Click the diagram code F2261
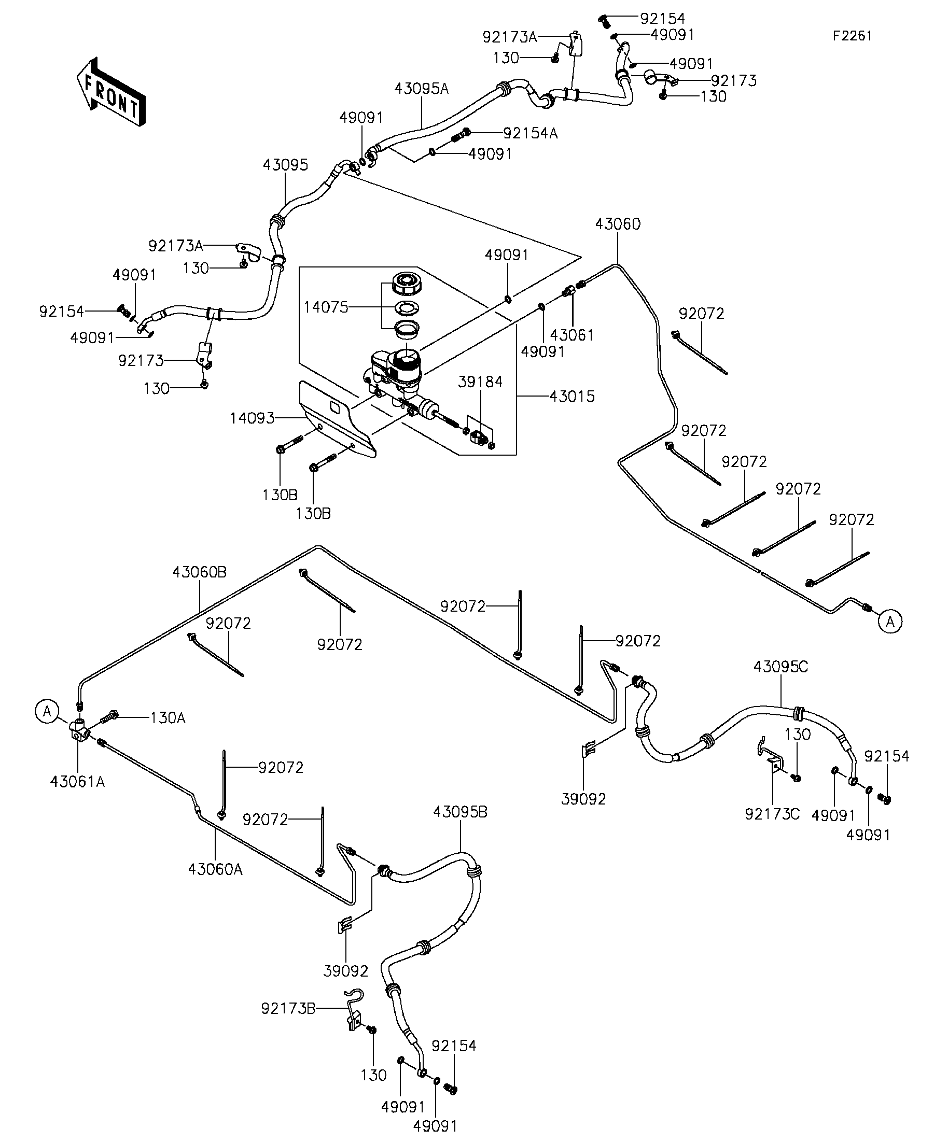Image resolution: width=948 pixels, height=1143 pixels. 852,36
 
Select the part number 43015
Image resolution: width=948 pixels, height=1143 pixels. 571,396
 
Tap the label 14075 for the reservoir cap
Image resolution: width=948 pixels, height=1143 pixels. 326,307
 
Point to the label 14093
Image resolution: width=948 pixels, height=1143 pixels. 252,418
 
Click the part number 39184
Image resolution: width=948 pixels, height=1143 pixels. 480,382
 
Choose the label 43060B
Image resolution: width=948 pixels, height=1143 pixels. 199,572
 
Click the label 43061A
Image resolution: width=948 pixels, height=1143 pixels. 77,782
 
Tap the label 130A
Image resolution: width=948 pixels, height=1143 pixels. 168,718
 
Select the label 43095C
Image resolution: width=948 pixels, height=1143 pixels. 781,666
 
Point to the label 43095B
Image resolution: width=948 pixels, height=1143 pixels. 460,812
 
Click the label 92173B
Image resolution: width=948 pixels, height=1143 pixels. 288,1009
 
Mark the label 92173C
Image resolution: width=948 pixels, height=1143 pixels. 772,814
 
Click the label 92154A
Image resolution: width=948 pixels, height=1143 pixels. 531,133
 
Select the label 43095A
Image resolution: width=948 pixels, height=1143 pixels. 422,89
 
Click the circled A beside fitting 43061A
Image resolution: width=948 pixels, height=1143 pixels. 47,711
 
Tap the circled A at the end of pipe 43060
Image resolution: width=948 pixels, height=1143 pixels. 890,621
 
